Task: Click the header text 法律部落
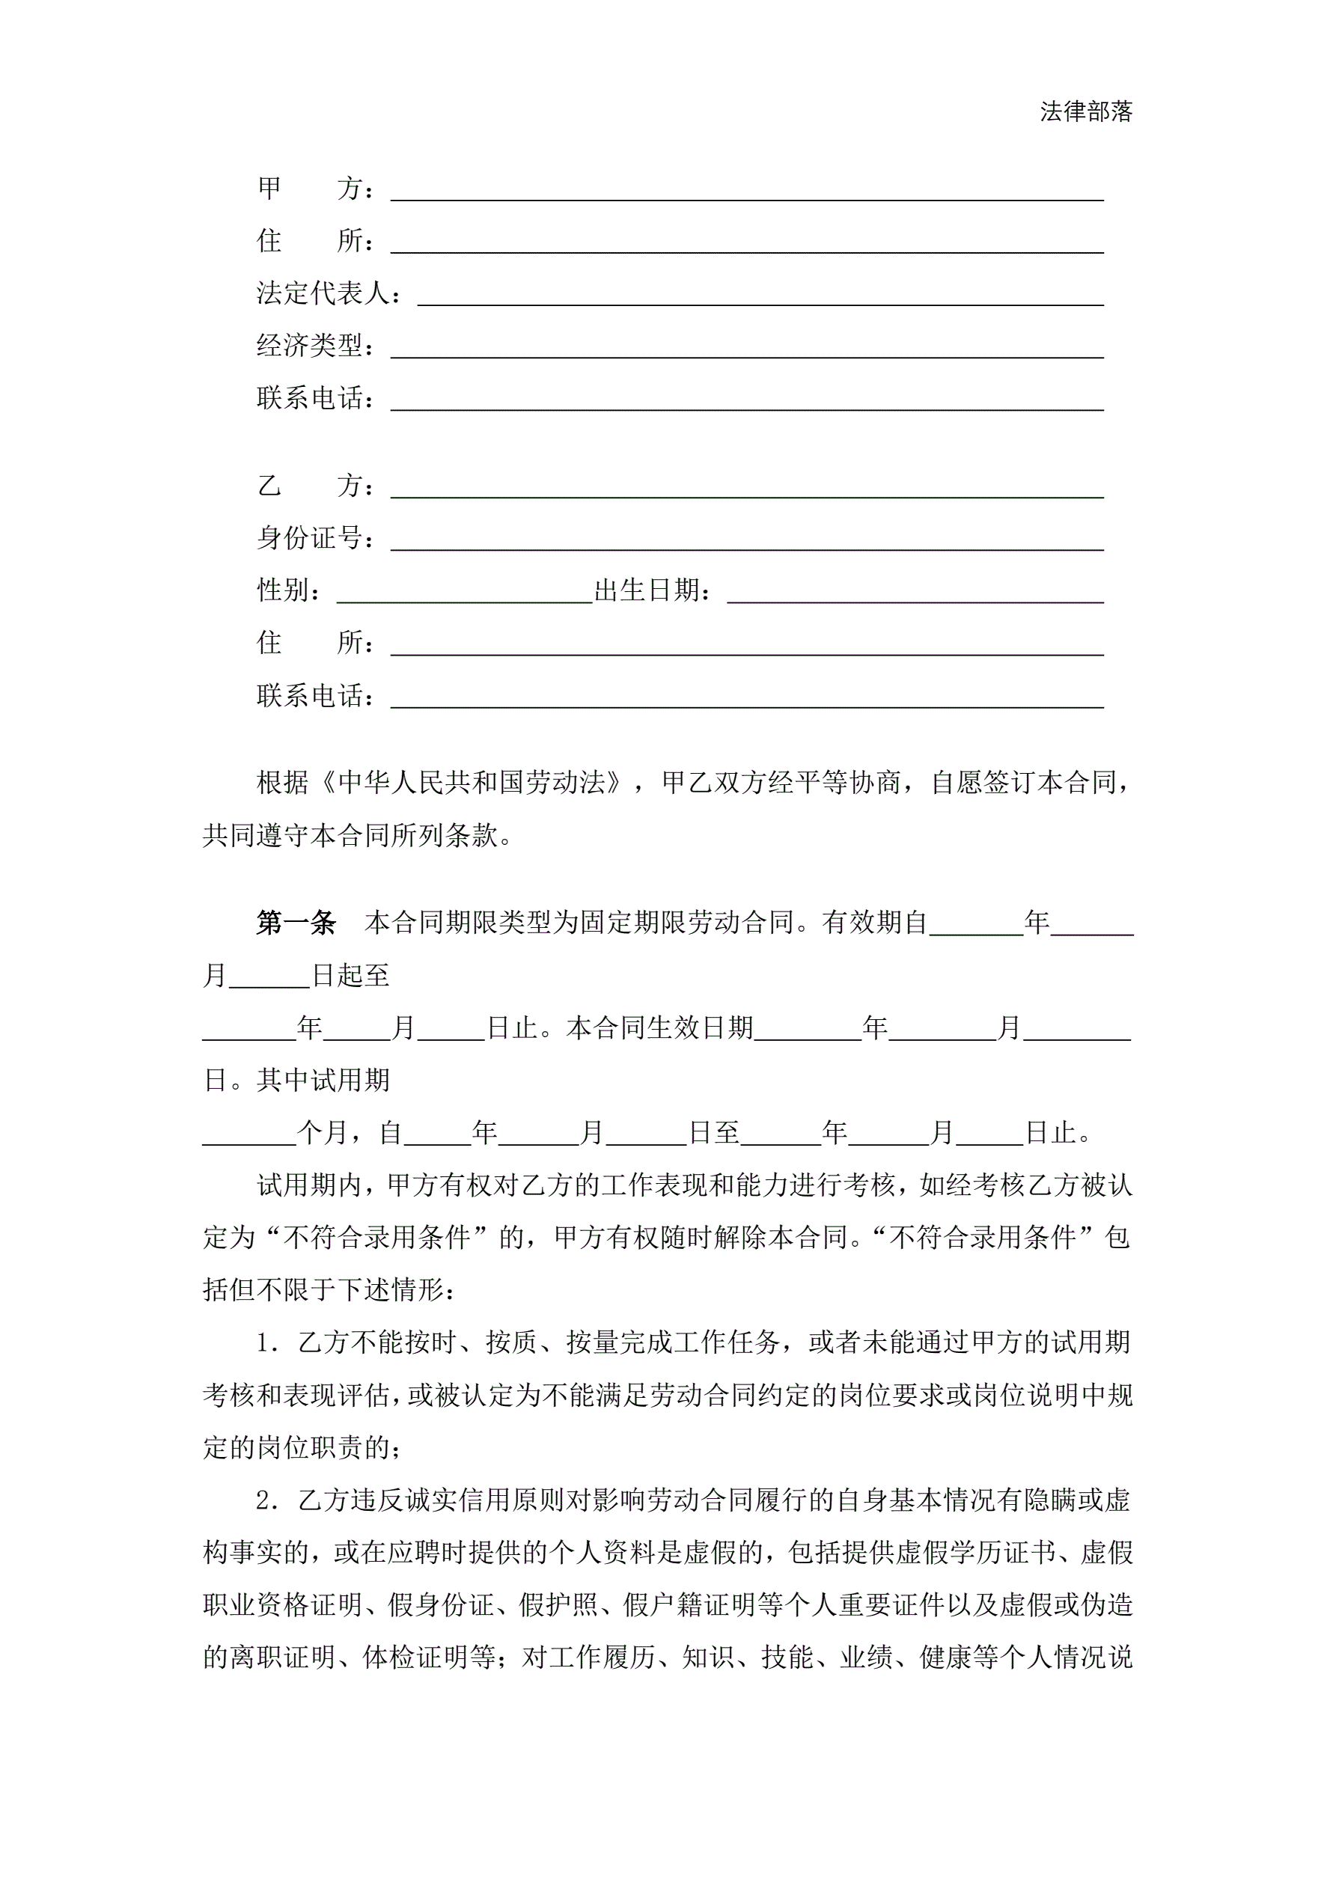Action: click(x=1085, y=111)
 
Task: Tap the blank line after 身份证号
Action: click(x=746, y=541)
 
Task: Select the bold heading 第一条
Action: click(x=296, y=923)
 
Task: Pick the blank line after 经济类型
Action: click(x=746, y=349)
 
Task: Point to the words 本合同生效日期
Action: click(x=660, y=1028)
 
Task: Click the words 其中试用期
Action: click(x=323, y=1081)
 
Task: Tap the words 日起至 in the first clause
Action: click(x=350, y=976)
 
